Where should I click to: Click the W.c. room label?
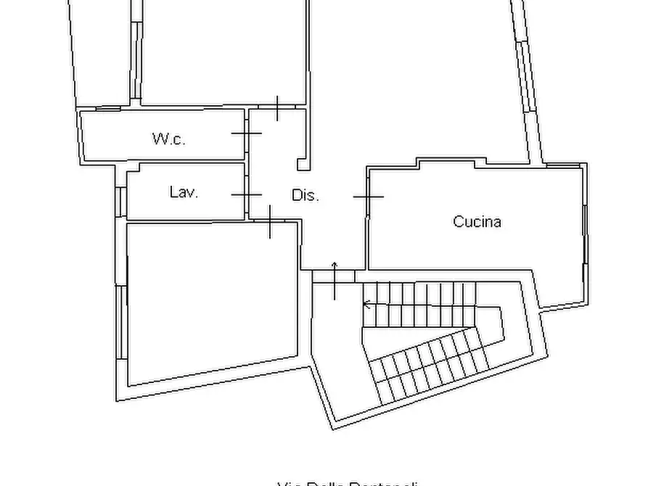pos(168,139)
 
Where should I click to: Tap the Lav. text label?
pos(184,192)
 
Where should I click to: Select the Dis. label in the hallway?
pos(305,195)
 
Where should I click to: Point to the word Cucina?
pos(477,222)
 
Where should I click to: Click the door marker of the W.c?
pos(247,133)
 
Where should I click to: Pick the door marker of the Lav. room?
pos(247,195)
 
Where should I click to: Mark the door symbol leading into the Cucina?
pos(368,197)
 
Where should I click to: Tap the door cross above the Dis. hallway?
pos(277,108)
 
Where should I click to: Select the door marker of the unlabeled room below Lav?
pos(270,222)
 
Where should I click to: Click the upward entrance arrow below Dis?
pos(335,279)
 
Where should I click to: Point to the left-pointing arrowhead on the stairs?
pos(366,305)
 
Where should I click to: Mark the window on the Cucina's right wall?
pos(584,232)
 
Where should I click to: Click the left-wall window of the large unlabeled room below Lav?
pos(121,323)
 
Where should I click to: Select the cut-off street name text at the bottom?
pos(348,482)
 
